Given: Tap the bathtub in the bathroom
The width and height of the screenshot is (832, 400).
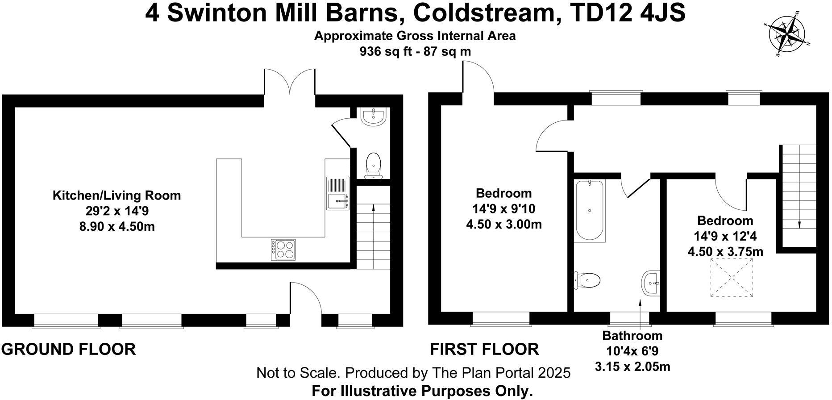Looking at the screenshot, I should pyautogui.click(x=590, y=210).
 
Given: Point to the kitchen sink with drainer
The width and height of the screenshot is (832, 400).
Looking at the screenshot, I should pyautogui.click(x=337, y=193).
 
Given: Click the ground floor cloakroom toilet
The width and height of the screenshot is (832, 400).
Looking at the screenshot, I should pyautogui.click(x=373, y=165).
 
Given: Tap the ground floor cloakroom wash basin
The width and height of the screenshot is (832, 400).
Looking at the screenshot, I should pyautogui.click(x=373, y=117).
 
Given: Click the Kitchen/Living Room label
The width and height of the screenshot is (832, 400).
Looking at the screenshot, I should pyautogui.click(x=116, y=196).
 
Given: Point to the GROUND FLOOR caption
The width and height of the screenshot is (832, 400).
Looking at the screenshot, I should pyautogui.click(x=69, y=349).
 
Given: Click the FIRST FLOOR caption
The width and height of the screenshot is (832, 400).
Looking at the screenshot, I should pyautogui.click(x=484, y=349).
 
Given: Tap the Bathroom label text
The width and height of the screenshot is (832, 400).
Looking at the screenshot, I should pyautogui.click(x=632, y=335).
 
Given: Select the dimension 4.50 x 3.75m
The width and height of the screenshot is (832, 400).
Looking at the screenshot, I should pyautogui.click(x=725, y=252).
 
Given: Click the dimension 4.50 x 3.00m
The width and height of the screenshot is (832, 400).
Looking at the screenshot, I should pyautogui.click(x=504, y=224).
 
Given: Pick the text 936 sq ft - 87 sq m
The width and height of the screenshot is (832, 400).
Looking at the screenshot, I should pyautogui.click(x=415, y=52).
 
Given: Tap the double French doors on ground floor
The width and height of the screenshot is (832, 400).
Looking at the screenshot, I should pyautogui.click(x=290, y=83).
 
